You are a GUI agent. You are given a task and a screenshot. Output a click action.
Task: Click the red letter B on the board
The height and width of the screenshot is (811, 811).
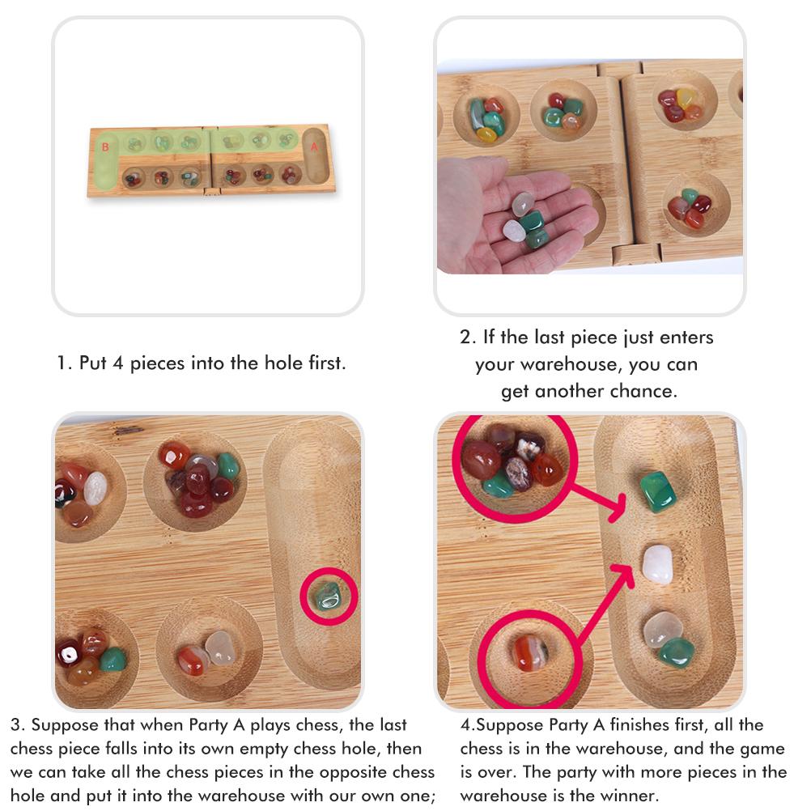pos(104,146)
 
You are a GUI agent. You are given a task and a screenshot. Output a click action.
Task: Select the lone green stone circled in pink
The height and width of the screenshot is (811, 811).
pos(328,596)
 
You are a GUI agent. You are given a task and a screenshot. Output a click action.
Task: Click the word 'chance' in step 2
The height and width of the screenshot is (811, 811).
pos(644,391)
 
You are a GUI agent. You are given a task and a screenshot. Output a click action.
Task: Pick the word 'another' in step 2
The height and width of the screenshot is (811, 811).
pos(567,391)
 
